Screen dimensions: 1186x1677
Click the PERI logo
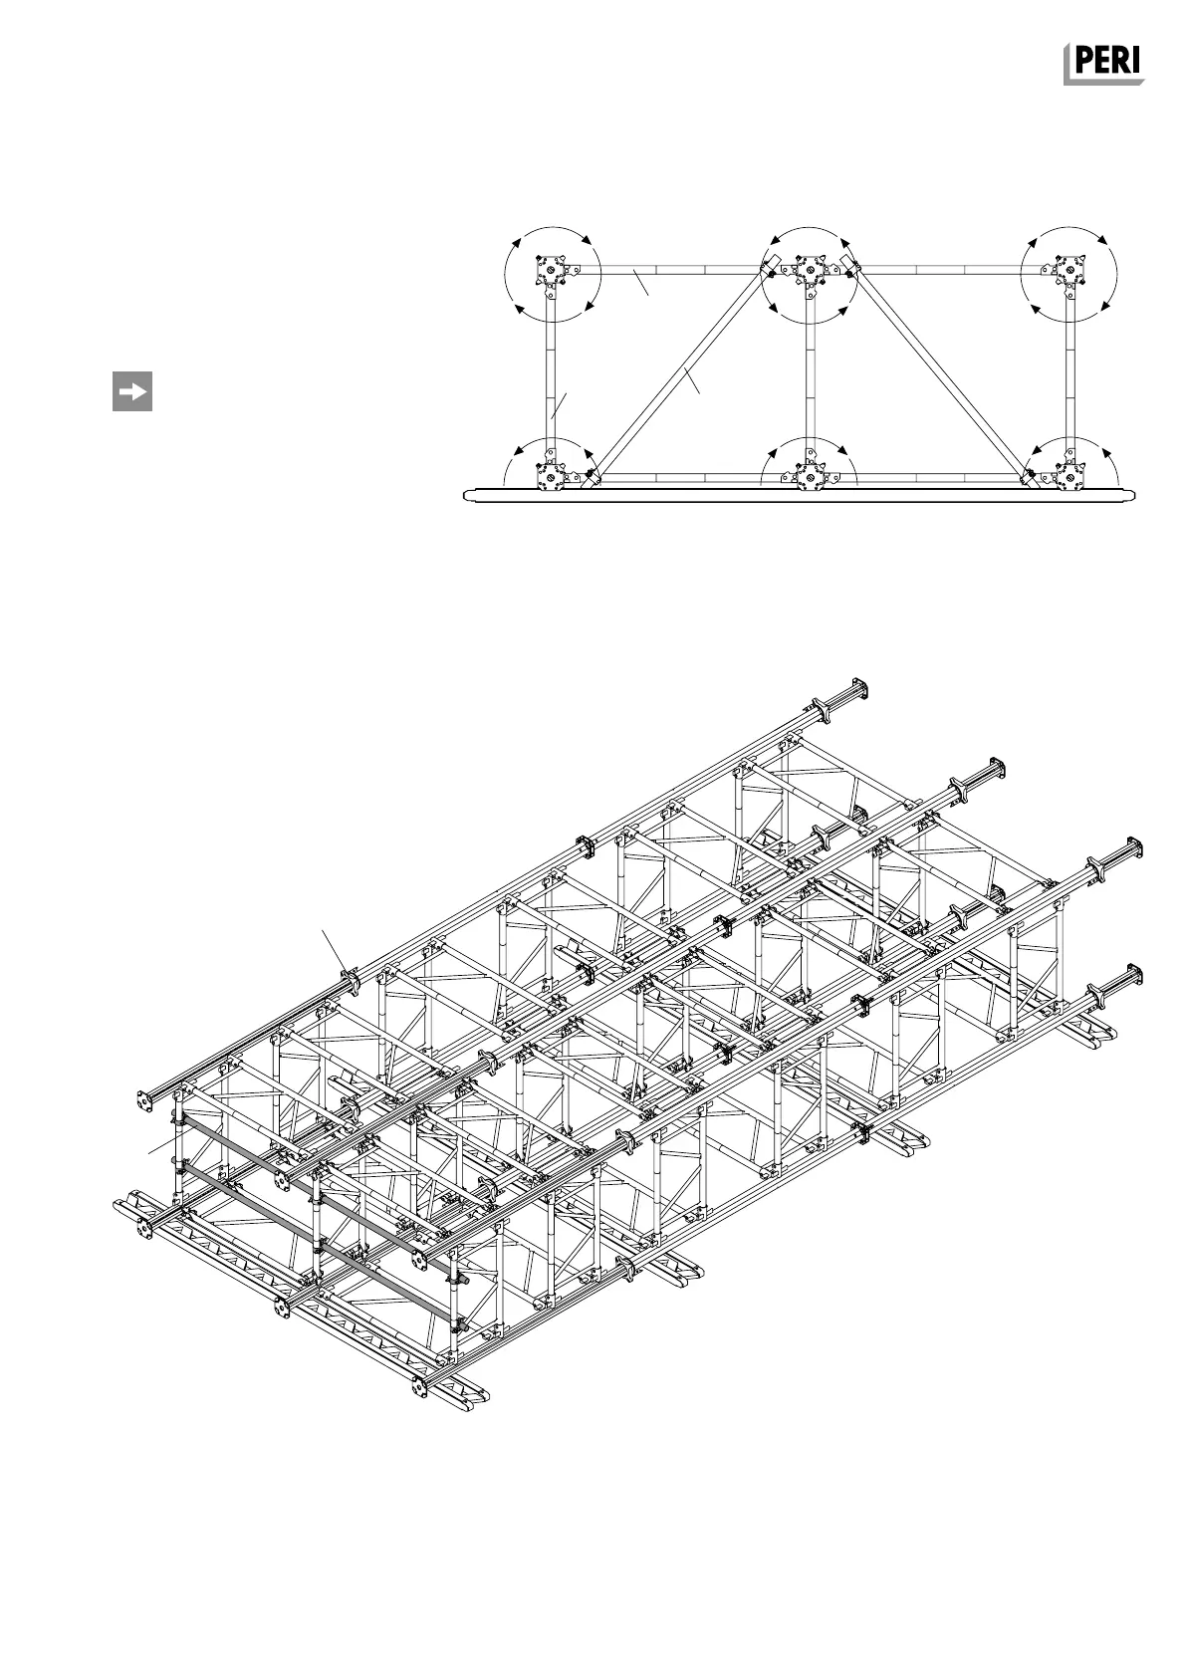[1103, 65]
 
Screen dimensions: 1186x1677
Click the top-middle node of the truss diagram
[809, 271]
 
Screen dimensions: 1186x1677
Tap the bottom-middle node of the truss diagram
[809, 478]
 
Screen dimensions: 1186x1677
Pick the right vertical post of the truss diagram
[1068, 373]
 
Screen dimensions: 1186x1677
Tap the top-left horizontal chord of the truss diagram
[677, 270]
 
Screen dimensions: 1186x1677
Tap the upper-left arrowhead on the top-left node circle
[517, 243]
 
